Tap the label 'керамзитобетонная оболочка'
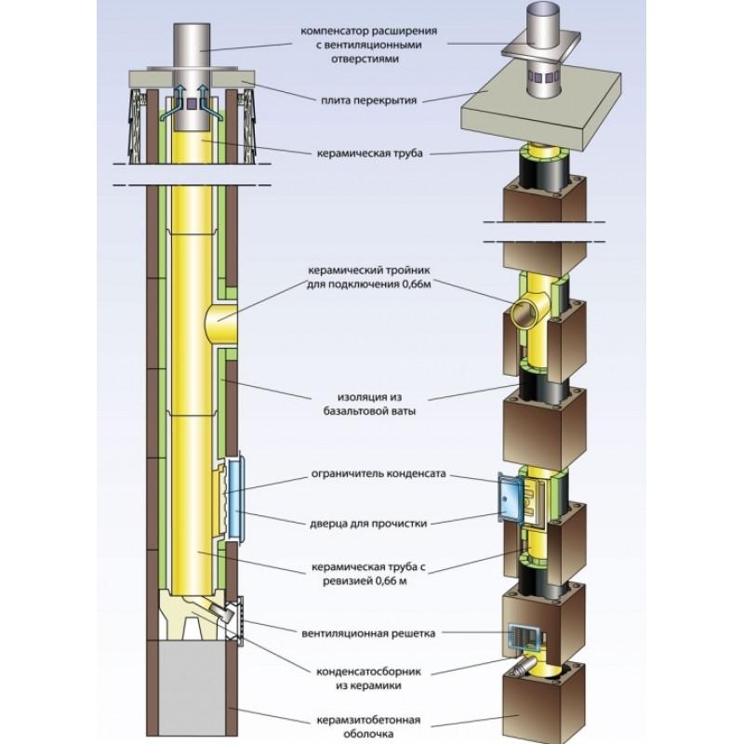pos(367,724)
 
